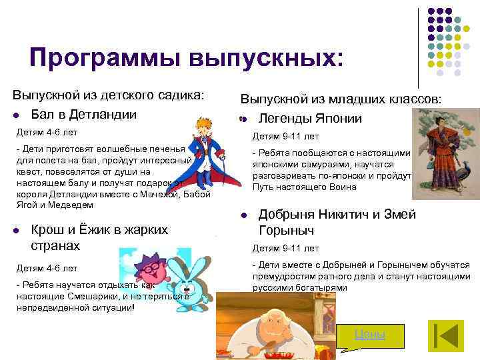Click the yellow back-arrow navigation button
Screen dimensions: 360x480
pos(445,336)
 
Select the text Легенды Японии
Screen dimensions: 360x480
pos(310,119)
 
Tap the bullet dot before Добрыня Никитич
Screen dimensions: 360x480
pos(244,215)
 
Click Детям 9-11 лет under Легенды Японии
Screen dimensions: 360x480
pos(285,137)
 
